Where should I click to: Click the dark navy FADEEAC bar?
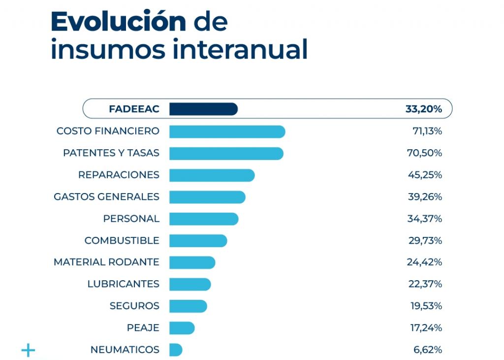[203, 109]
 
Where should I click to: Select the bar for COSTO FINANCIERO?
[227, 131]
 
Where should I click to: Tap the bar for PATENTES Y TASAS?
[226, 153]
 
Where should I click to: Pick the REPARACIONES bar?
[212, 175]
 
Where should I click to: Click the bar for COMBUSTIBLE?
[198, 240]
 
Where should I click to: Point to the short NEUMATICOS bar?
[176, 350]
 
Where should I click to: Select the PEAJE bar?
[182, 327]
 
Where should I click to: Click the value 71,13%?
[427, 131]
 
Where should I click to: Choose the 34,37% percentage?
[424, 219]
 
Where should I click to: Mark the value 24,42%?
[424, 262]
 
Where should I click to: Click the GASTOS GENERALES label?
[106, 197]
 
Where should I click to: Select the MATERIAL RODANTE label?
[106, 262]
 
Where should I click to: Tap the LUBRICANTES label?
[123, 284]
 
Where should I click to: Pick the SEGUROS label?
[134, 306]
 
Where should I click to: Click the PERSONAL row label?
[131, 219]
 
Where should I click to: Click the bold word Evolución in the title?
[118, 22]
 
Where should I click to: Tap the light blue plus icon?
[29, 350]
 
